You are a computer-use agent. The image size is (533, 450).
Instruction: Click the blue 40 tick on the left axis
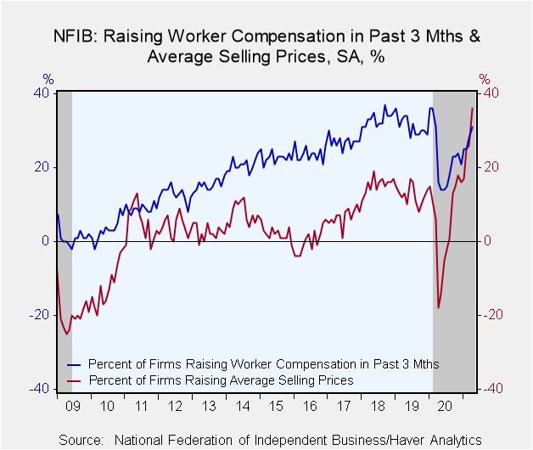[41, 93]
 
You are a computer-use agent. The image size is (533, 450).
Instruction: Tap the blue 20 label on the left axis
[42, 167]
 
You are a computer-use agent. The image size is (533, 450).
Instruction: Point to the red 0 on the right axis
[487, 241]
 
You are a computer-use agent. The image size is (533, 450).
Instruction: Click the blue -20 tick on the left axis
[39, 315]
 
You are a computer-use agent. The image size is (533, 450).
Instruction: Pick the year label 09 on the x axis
[73, 406]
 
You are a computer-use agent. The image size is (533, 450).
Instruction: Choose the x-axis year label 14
[243, 406]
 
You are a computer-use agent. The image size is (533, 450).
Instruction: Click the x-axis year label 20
[445, 406]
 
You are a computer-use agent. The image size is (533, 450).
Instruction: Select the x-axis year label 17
[344, 406]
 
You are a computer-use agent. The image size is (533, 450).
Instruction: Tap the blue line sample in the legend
[74, 365]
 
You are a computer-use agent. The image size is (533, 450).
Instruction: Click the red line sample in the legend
[74, 380]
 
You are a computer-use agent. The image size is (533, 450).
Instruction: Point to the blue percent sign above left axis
[48, 79]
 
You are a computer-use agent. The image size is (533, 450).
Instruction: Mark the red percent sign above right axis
[485, 79]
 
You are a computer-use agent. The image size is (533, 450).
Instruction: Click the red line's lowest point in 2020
[439, 308]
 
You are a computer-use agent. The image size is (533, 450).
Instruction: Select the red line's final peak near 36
[472, 108]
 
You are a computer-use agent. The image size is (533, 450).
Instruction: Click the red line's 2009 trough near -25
[66, 334]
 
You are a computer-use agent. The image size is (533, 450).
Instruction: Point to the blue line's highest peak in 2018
[384, 105]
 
